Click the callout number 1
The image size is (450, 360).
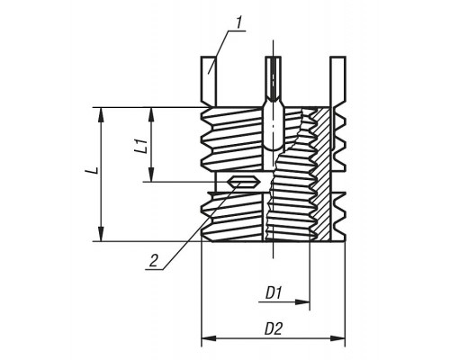[238, 22]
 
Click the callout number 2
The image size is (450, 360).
[154, 260]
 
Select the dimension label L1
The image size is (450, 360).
[141, 146]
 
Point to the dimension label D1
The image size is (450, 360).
[274, 292]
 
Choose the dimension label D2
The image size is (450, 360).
[274, 329]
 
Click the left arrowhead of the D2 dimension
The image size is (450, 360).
[209, 338]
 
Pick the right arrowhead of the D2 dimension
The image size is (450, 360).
[337, 338]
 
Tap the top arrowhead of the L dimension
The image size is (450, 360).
[101, 114]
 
